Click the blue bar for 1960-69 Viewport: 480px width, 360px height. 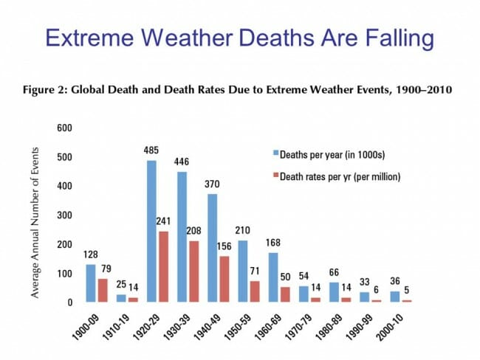coord(273,277)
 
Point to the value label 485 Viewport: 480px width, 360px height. coord(152,150)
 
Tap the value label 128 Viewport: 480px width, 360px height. coord(92,255)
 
